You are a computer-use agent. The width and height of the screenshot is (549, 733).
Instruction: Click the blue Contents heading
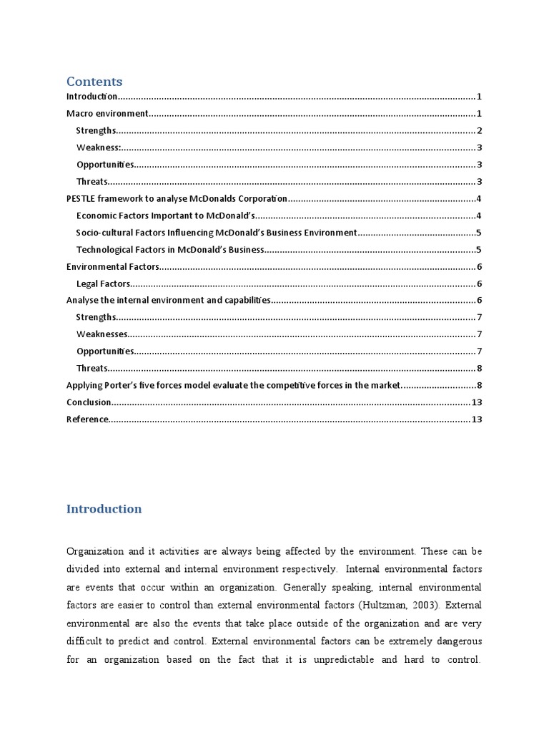pyautogui.click(x=94, y=82)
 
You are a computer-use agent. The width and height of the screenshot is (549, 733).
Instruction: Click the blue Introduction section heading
pyautogui.click(x=104, y=509)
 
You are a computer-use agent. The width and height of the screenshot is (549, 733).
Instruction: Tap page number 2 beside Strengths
pyautogui.click(x=480, y=131)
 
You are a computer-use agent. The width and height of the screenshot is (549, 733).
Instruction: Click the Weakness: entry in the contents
pyautogui.click(x=99, y=148)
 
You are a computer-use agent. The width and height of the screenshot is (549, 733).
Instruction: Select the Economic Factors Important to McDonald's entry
pyautogui.click(x=165, y=216)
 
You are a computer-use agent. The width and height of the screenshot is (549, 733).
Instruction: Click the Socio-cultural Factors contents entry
pyautogui.click(x=216, y=233)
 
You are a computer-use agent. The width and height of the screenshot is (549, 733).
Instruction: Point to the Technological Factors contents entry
pyautogui.click(x=170, y=250)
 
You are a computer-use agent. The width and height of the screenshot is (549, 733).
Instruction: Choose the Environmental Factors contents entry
pyautogui.click(x=112, y=267)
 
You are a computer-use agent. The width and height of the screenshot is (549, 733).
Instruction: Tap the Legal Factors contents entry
pyautogui.click(x=103, y=284)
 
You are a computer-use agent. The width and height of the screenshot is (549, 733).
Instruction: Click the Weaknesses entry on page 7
pyautogui.click(x=102, y=334)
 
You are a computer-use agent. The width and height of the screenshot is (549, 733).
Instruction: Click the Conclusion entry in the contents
pyautogui.click(x=89, y=402)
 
